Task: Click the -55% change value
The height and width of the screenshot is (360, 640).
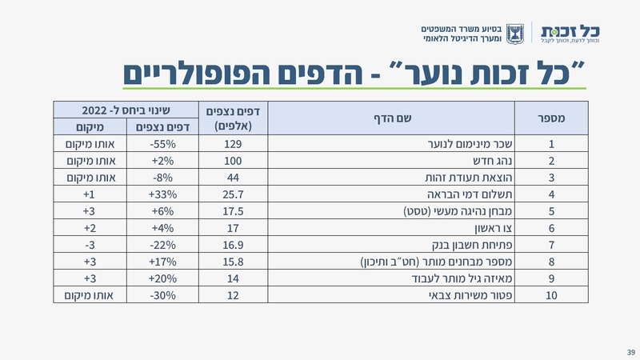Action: click(x=163, y=146)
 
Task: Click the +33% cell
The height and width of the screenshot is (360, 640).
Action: click(x=163, y=195)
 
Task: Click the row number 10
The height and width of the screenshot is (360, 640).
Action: click(x=551, y=296)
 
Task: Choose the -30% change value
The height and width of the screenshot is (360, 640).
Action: click(x=163, y=296)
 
